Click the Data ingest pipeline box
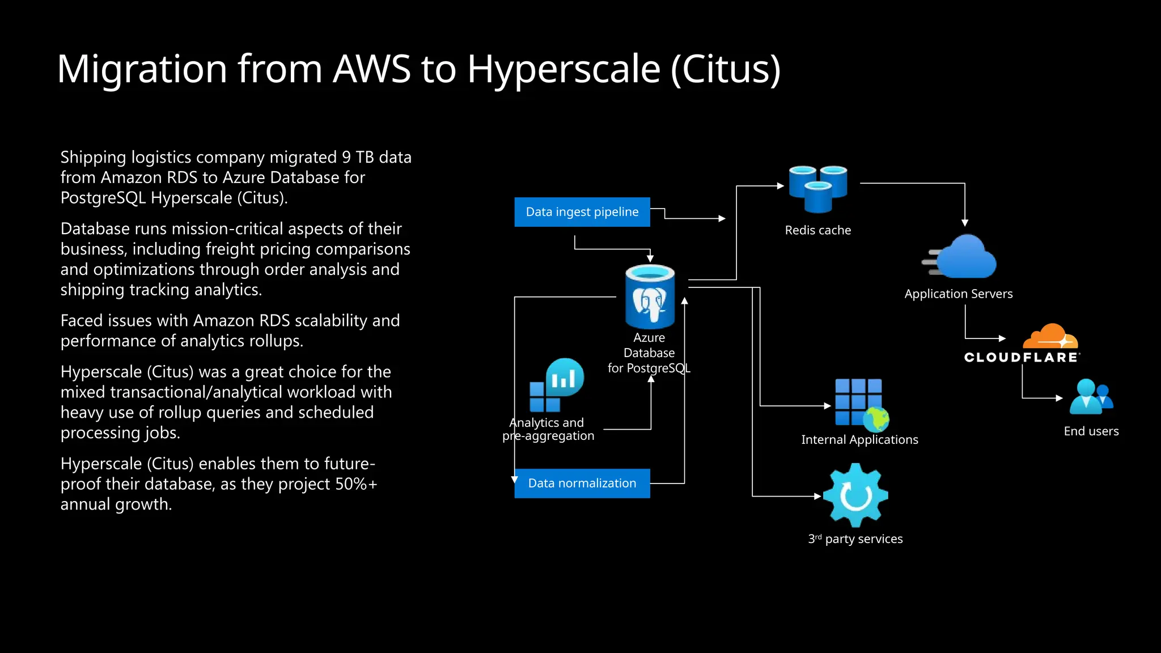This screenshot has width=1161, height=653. pos(582,212)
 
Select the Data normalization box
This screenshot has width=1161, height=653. pos(582,484)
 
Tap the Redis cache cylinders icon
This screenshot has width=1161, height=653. pos(817,189)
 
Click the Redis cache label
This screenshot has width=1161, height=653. pos(817,230)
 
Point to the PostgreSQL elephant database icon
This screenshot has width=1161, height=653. pos(650,297)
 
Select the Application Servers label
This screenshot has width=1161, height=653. pos(958,294)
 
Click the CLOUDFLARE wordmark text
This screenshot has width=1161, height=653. pos(1022,357)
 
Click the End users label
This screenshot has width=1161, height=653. pos(1091,431)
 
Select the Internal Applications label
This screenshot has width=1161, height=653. pos(859,440)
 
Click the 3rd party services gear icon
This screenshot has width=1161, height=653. pos(855,495)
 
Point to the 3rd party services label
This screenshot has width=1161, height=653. pos(855,539)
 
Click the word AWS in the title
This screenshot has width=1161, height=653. pos(371,69)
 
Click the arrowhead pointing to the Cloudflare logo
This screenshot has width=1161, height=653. pos(1002,338)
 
